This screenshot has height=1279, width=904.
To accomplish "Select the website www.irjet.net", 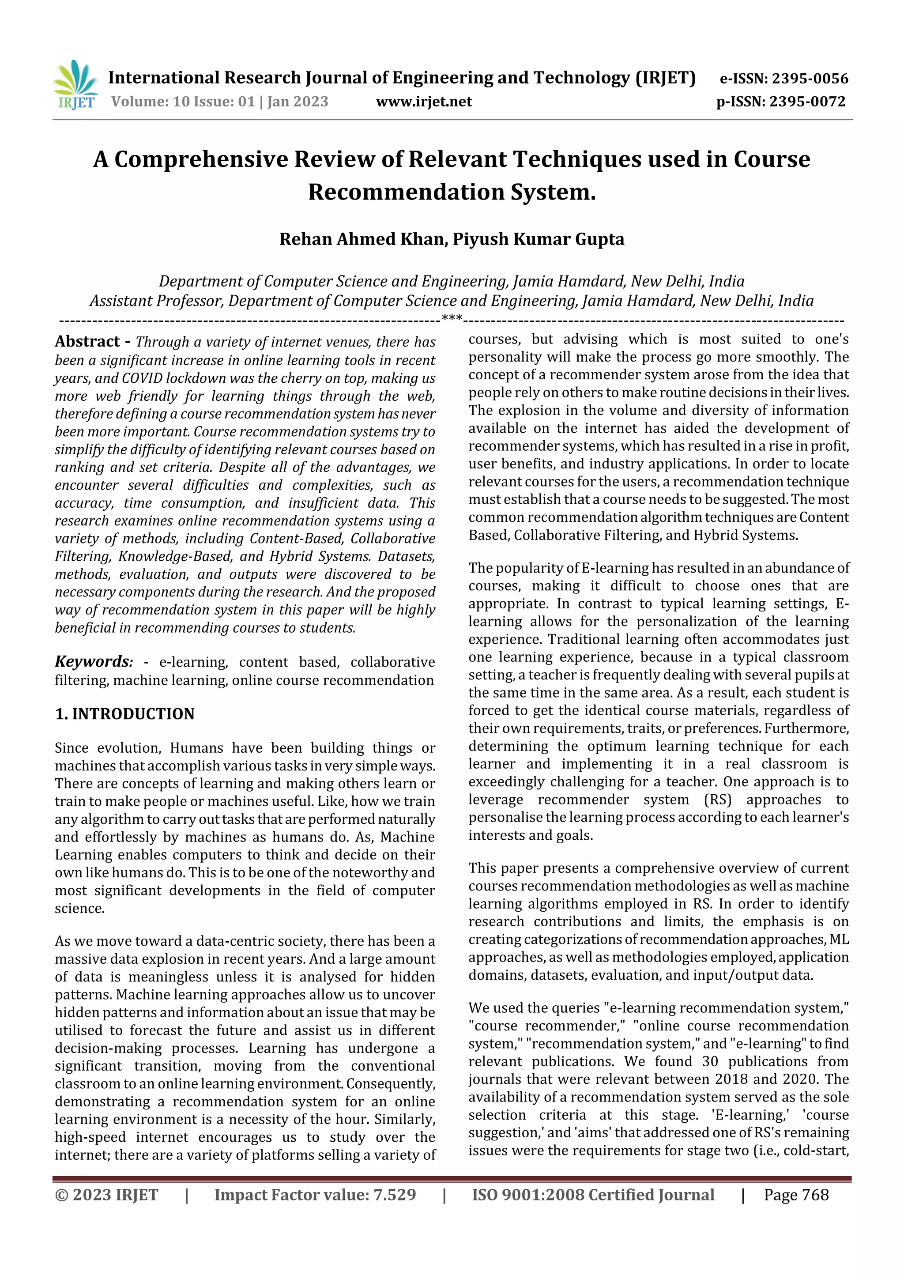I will click(424, 102).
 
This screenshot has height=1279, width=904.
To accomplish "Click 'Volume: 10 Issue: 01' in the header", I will click(183, 102).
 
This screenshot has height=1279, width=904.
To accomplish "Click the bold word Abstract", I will click(87, 341).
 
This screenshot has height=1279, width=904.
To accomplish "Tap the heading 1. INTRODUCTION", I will click(125, 713).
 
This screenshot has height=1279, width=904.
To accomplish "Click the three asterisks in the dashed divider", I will click(452, 319).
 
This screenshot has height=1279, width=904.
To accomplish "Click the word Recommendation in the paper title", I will click(407, 192).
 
